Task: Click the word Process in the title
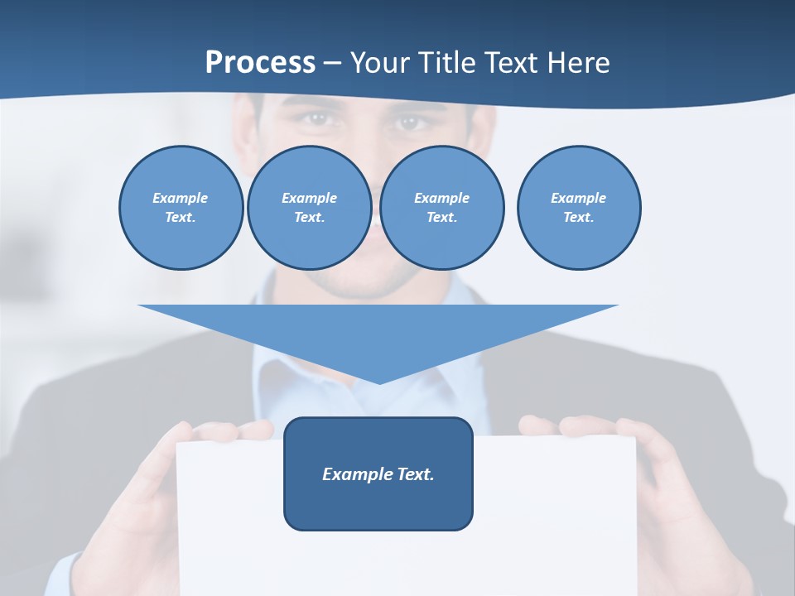coord(260,62)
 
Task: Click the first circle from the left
coord(181,207)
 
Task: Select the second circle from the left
coord(309,207)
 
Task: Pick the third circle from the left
coord(441,207)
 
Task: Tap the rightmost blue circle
coord(579,207)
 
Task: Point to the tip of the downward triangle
coord(379,383)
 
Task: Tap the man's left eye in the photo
coord(410,123)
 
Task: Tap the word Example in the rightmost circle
coord(578,198)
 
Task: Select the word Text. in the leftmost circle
coord(181,217)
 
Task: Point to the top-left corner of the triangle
coord(139,305)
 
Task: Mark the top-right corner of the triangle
coord(618,305)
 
